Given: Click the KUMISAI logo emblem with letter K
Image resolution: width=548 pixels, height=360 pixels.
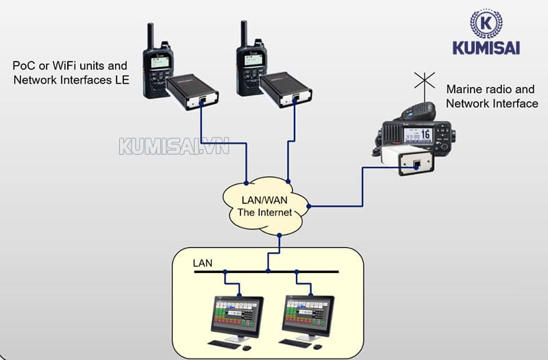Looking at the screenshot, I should [x=486, y=23].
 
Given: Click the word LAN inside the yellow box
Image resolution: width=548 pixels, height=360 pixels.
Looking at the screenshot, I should [x=203, y=263].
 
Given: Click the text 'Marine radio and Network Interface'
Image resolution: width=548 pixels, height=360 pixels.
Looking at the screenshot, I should [x=491, y=97].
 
